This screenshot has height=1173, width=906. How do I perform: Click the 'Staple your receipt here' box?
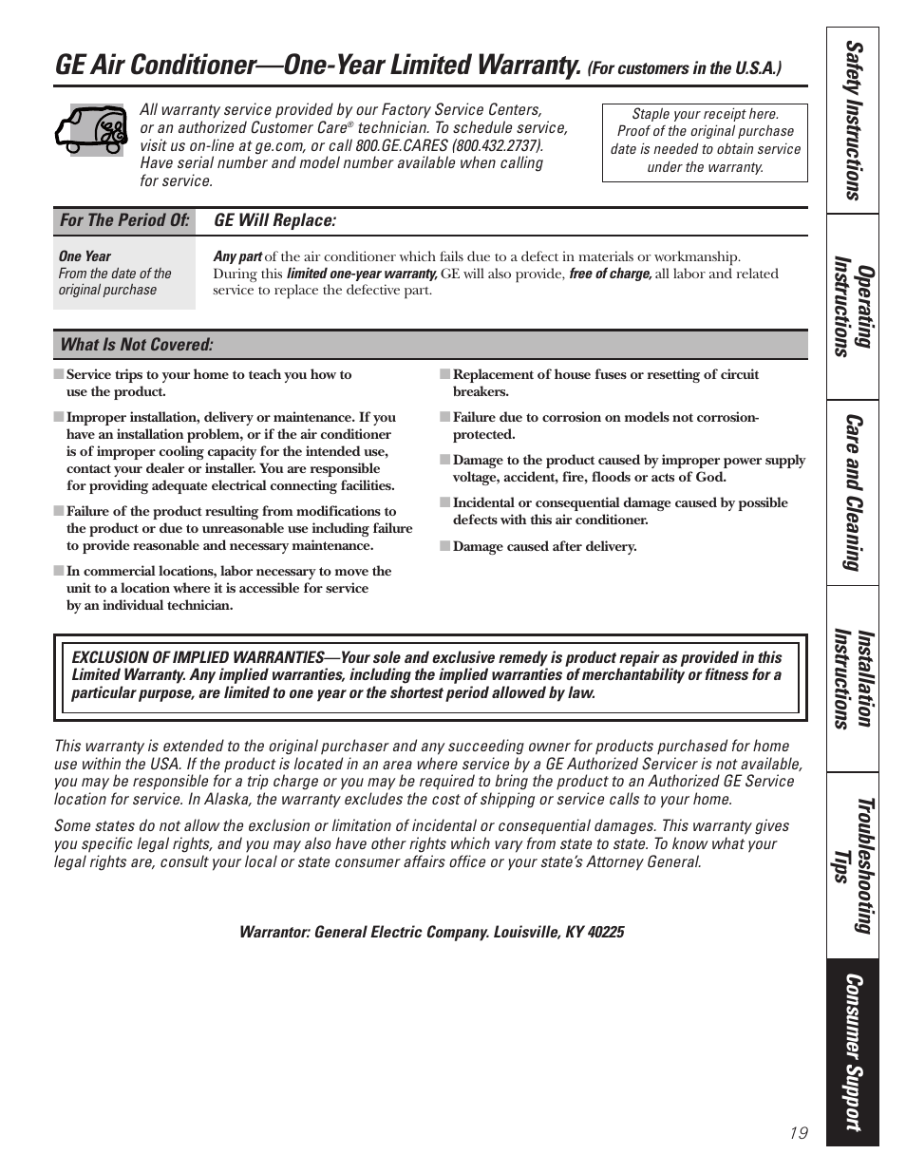pos(705,141)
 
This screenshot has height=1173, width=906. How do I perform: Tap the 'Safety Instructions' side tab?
pos(852,121)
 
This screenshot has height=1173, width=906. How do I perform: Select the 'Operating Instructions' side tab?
pos(852,306)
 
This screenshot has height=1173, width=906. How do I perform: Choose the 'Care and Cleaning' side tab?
pos(852,492)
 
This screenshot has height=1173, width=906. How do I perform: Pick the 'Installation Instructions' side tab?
pos(852,678)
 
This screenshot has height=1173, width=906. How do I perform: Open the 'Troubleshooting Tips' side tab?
pos(852,865)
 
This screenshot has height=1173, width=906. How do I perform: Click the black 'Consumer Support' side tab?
pos(852,1051)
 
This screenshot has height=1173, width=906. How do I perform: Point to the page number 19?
pos(798,1132)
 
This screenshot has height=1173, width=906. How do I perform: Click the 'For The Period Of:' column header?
pos(124,220)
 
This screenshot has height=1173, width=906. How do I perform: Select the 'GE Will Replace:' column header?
pos(274,220)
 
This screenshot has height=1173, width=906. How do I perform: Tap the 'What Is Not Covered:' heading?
pos(137,344)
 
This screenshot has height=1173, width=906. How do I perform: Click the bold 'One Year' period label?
pos(85,256)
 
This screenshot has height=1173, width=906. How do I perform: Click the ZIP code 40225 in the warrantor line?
pos(606,932)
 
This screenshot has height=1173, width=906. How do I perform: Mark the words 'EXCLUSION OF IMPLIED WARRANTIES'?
pos(198,657)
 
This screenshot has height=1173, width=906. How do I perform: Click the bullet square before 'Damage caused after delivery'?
pos(444,546)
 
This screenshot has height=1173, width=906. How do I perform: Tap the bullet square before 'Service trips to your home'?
pos(59,374)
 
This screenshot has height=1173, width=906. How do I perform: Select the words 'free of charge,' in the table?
pos(610,274)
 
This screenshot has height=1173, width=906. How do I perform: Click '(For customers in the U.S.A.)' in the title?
pos(684,68)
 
